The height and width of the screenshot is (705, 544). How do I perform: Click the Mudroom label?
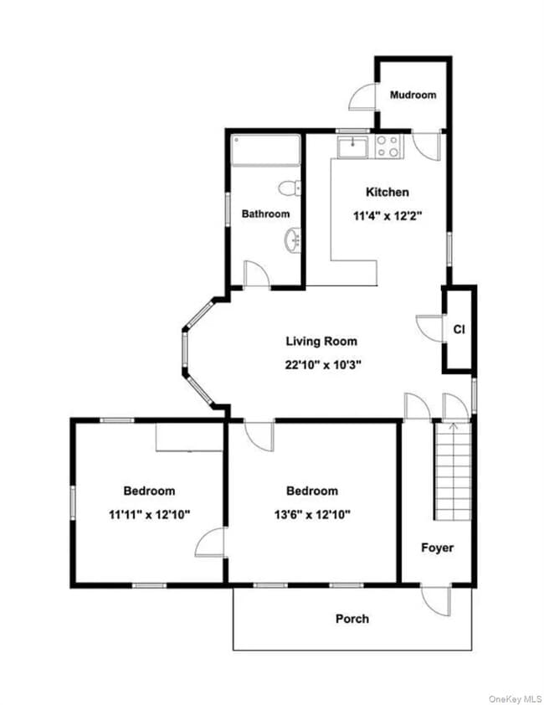[413, 95]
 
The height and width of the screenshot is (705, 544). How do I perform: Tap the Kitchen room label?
[387, 192]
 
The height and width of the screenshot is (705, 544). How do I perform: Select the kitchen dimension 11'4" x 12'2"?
[387, 215]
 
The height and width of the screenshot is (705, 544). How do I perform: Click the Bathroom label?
[265, 214]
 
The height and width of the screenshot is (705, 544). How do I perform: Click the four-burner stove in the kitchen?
[387, 147]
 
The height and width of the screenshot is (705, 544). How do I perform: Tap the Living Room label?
[321, 341]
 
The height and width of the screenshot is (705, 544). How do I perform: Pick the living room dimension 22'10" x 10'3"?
[321, 364]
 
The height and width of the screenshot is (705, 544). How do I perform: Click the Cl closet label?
[459, 329]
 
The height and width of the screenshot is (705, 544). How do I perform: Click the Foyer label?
[437, 548]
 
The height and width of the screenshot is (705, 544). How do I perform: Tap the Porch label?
[352, 619]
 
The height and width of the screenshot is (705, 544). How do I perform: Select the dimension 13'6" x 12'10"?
[312, 514]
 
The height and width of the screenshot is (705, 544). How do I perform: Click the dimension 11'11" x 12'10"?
[149, 514]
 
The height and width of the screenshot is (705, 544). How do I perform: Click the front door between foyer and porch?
[434, 597]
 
